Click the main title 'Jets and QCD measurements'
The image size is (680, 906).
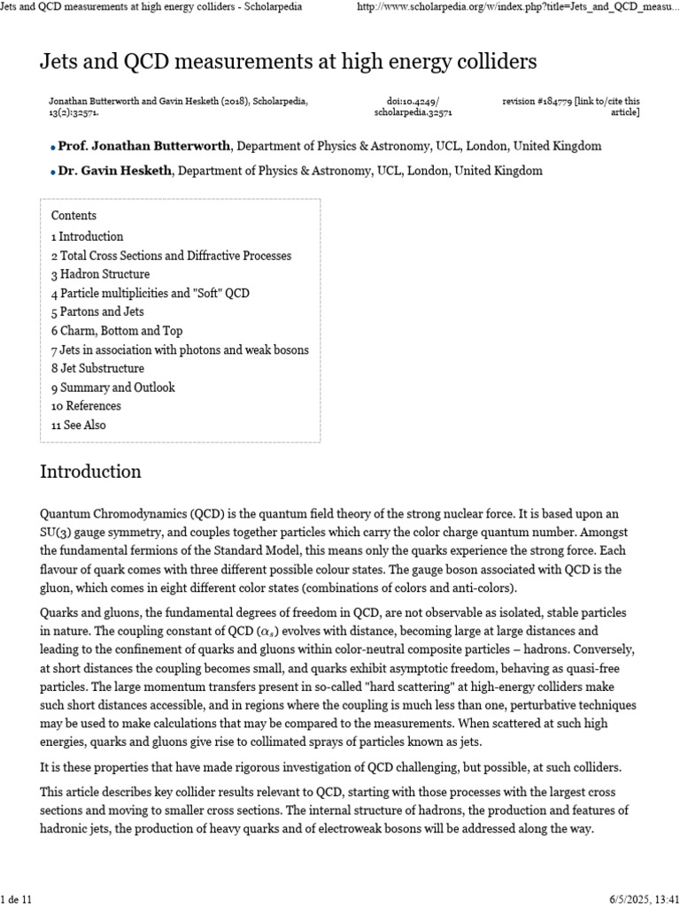coord(289,62)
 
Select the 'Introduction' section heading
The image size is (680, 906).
coord(90,471)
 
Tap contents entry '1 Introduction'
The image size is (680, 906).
coord(87,237)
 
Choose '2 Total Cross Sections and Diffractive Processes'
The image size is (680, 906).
coord(171,256)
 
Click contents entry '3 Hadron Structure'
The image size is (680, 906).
coord(100,274)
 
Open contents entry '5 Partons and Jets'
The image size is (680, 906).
coord(97,312)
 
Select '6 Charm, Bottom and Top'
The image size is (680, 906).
coord(117,331)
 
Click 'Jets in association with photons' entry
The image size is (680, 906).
coord(180,349)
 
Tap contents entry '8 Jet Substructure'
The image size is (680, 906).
coord(97,369)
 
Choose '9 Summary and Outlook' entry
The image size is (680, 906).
coord(112,388)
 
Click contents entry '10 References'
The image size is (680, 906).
coord(86,406)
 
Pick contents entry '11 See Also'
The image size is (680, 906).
coord(78,425)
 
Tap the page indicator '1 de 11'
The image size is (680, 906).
coord(17,899)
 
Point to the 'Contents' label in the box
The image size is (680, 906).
coord(73,216)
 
